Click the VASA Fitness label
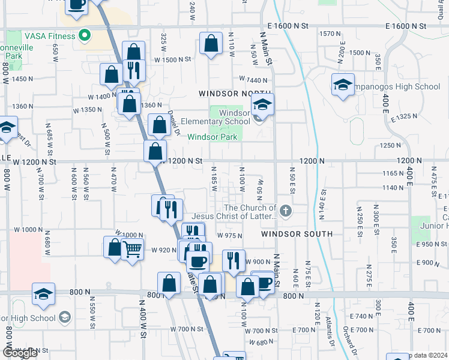pos(50,35)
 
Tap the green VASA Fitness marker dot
pos(85,35)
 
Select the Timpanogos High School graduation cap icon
pos(343,84)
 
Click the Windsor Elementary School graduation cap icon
pos(262,104)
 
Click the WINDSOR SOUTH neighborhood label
pos(297,233)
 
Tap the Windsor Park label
pos(212,137)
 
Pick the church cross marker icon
pos(286,211)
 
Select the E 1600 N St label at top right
pos(406,26)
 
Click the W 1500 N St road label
pos(172,59)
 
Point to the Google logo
pos(20,353)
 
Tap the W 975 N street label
pos(230,236)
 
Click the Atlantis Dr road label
pos(331,333)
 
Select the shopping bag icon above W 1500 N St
pos(211,44)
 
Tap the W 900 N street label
pos(259,262)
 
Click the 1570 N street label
pos(330,34)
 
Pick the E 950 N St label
pos(432,244)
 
